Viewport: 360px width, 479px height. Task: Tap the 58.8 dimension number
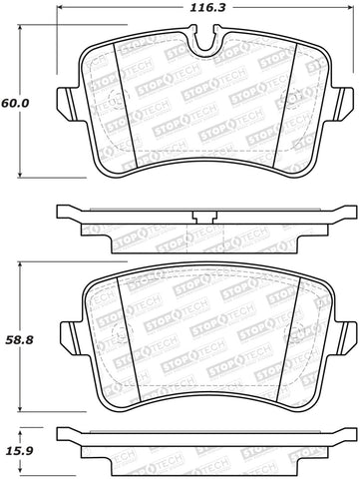coord(17,340)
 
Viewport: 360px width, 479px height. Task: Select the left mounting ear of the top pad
coord(66,103)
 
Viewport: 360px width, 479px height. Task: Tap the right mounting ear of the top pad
coord(344,103)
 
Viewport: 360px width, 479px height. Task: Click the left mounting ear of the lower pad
coord(66,332)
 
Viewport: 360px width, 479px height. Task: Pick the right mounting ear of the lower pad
coord(344,332)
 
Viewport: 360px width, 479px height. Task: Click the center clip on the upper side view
coord(204,219)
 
